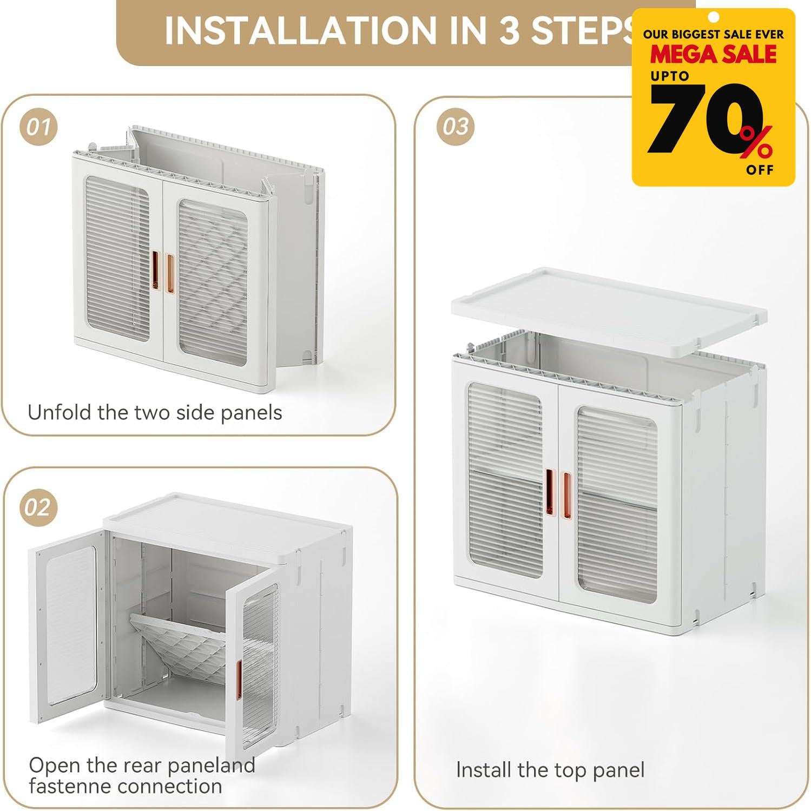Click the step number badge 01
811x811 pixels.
[x=38, y=127]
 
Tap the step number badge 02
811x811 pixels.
[x=38, y=507]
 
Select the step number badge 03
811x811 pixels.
[x=455, y=127]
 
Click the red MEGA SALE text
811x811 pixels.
[x=713, y=55]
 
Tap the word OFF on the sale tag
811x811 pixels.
[x=760, y=170]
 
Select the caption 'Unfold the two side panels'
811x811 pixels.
[x=155, y=413]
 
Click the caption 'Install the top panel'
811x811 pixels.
[x=550, y=770]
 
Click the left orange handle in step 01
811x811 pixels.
[x=156, y=272]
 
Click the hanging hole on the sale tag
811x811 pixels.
[x=714, y=16]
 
